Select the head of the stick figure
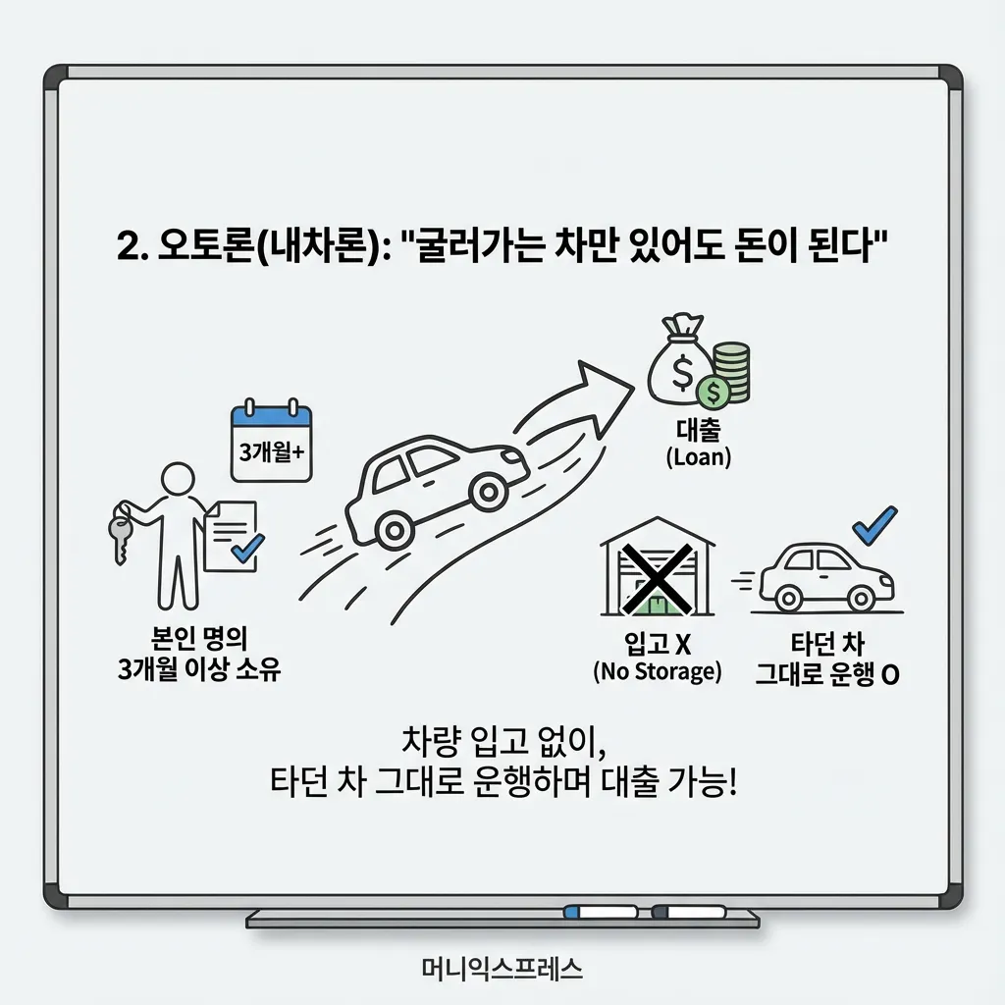click(x=178, y=482)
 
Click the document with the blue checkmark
click(x=233, y=535)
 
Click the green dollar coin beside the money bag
click(x=714, y=394)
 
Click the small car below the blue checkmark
click(x=826, y=578)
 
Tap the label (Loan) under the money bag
click(x=698, y=457)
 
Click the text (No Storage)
click(x=657, y=672)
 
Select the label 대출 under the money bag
click(x=698, y=432)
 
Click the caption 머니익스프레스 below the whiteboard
click(x=501, y=970)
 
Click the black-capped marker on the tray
click(x=695, y=914)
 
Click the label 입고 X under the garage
click(x=659, y=645)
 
